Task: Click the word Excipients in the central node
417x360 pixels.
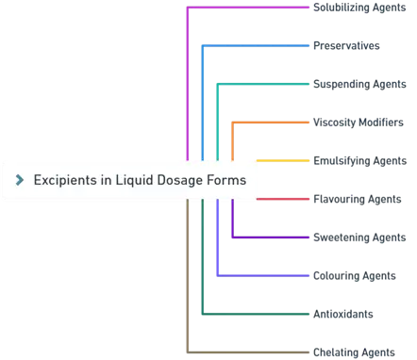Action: coord(64,180)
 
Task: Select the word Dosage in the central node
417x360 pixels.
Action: coord(181,180)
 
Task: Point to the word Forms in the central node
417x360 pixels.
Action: coord(227,180)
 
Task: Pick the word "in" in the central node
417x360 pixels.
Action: coord(104,180)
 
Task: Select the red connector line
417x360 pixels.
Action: coord(283,199)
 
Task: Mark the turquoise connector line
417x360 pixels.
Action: coord(264,84)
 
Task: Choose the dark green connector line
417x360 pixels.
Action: coord(255,313)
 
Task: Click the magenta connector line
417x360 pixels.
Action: coord(245,8)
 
